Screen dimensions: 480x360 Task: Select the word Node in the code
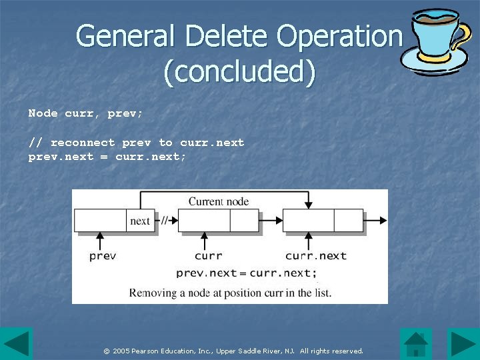pos(43,113)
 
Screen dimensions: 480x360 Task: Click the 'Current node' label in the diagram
pos(219,201)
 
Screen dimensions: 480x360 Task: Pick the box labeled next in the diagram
pos(140,221)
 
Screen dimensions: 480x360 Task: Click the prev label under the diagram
pos(103,256)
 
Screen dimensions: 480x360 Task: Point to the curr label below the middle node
pos(208,256)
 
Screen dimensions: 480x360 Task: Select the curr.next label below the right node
pos(316,256)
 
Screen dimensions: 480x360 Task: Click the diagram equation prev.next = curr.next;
pos(247,273)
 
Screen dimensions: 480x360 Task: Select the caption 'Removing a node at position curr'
pos(230,293)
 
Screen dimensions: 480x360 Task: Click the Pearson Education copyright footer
pos(233,351)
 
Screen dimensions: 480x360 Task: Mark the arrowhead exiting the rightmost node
pos(383,221)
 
